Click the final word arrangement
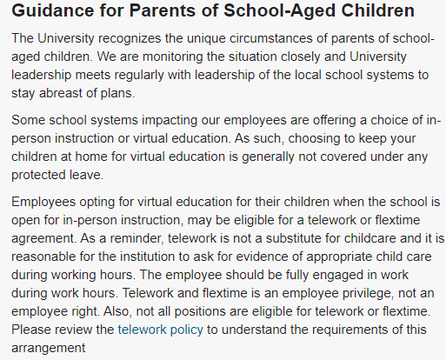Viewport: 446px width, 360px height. pos(49,347)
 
